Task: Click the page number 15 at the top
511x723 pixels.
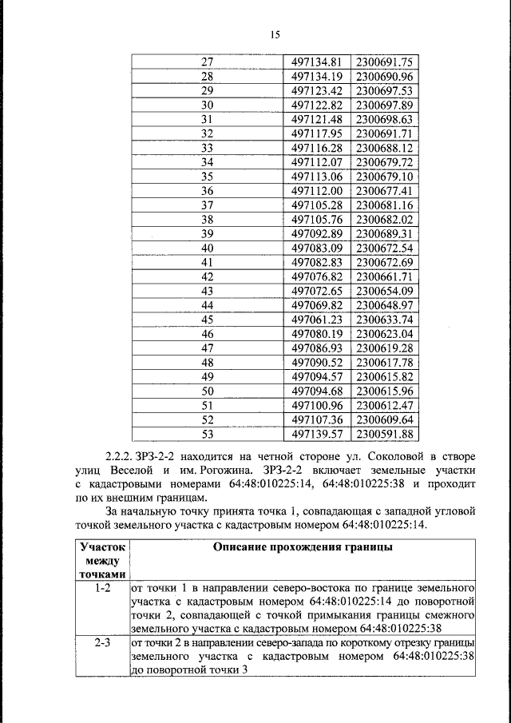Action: (x=275, y=34)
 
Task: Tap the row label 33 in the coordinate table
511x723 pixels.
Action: (x=208, y=149)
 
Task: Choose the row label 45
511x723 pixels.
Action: (x=208, y=320)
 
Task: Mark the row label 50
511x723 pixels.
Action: (x=208, y=391)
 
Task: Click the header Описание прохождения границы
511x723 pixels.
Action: (x=302, y=547)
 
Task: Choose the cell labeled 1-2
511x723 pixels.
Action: (x=101, y=588)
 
